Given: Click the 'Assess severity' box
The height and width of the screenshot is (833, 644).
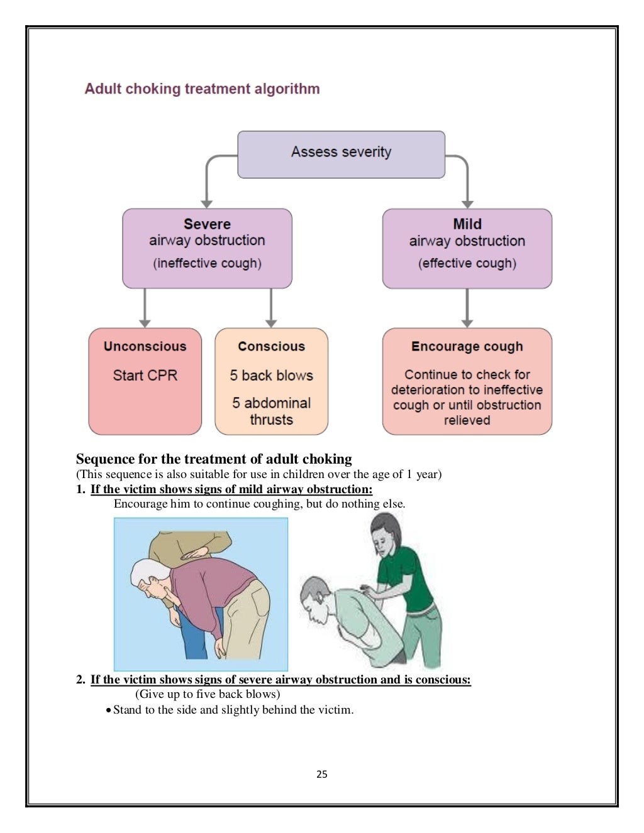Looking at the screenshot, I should click(x=341, y=154).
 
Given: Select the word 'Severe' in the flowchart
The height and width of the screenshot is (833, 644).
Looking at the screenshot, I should click(x=207, y=224).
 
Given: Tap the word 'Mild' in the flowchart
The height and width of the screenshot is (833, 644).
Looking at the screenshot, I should click(x=467, y=224).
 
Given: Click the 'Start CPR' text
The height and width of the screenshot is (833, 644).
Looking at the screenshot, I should click(x=145, y=376).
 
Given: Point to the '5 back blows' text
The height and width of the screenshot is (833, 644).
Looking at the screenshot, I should click(x=271, y=376).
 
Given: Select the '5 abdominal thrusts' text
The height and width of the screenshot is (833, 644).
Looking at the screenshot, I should click(x=271, y=411).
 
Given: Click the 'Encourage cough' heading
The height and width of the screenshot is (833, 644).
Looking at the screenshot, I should click(x=467, y=347).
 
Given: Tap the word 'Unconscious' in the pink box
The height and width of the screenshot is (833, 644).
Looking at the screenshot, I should click(x=145, y=347).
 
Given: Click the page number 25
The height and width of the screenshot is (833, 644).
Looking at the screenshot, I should click(x=322, y=775).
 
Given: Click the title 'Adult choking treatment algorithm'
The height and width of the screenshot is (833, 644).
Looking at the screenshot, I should click(x=202, y=89).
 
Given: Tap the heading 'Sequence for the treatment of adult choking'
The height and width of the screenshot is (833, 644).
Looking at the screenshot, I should click(x=214, y=459).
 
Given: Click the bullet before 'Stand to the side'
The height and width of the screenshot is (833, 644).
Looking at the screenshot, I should click(x=109, y=710).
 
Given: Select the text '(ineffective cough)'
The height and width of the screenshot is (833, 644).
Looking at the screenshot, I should click(x=207, y=263).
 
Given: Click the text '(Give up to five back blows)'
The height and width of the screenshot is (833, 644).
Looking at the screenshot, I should click(x=208, y=694).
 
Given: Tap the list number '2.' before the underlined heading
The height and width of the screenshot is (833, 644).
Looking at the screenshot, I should click(x=80, y=680).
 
